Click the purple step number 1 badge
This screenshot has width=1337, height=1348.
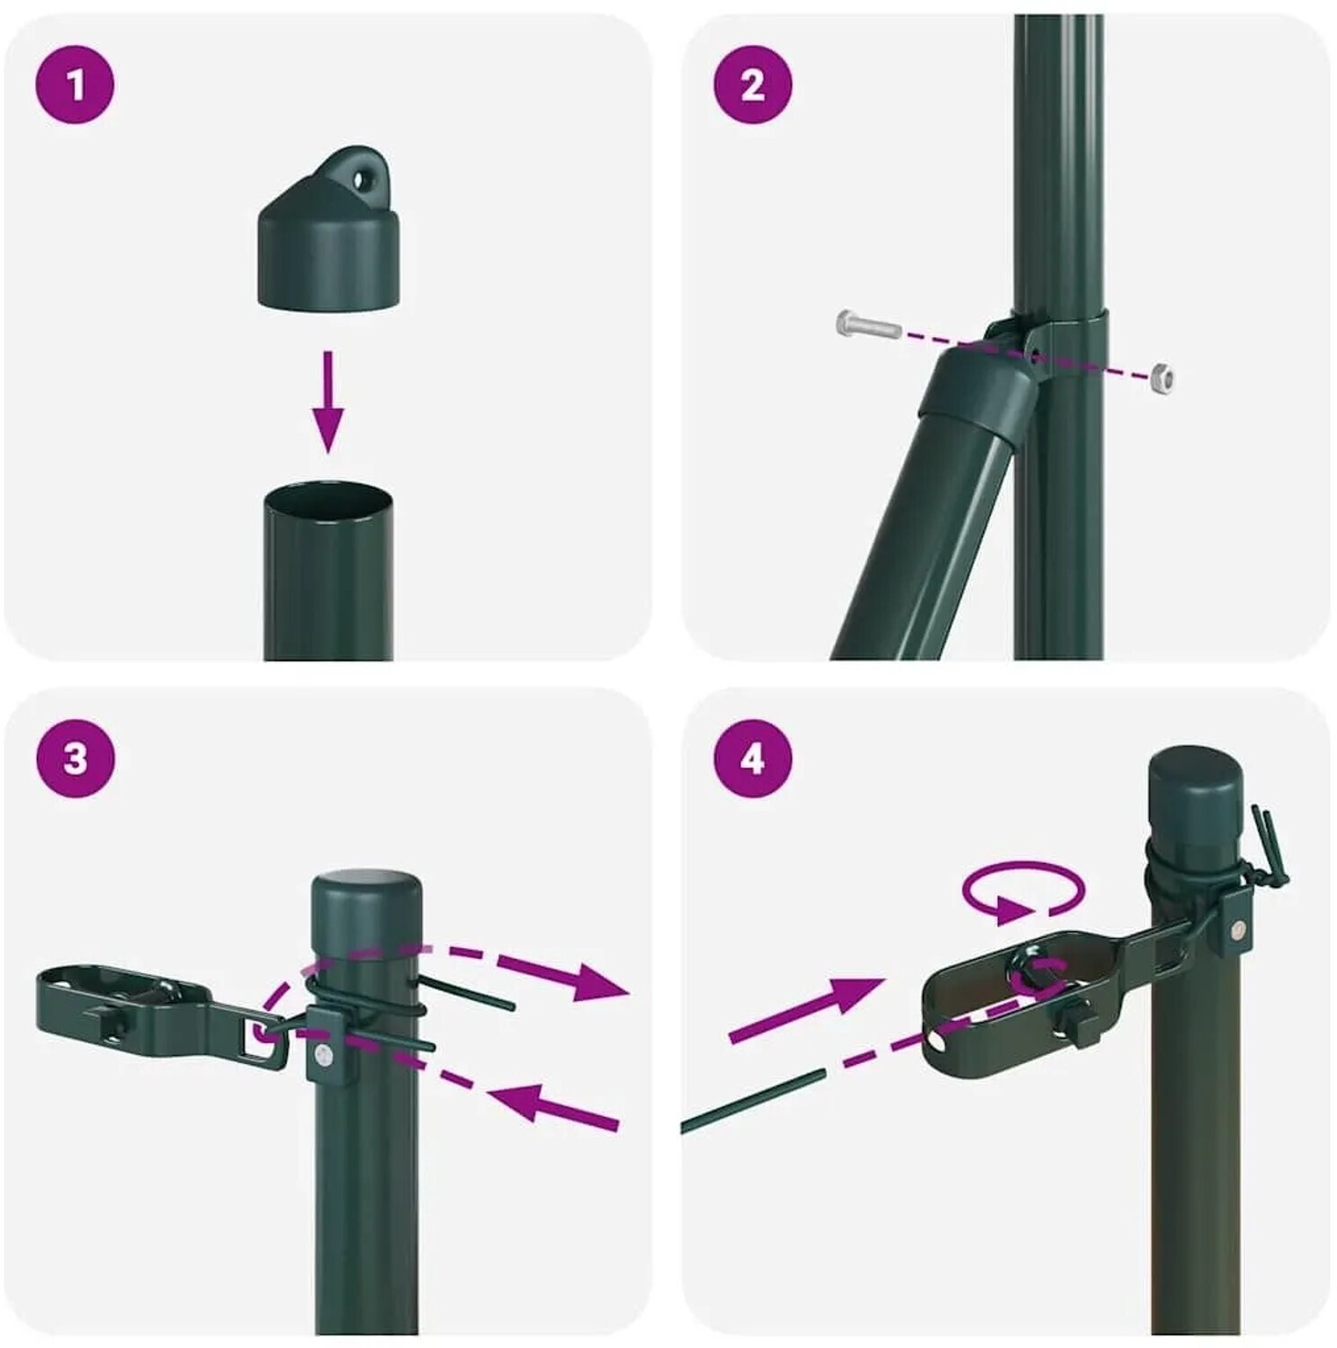click(75, 84)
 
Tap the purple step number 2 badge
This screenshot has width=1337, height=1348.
click(753, 84)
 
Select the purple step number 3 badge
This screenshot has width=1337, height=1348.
click(75, 758)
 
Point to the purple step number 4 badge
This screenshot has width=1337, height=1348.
click(753, 758)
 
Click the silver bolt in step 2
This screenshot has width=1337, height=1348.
click(869, 324)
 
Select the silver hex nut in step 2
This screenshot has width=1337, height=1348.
click(1163, 377)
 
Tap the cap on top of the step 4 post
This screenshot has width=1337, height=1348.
click(1195, 795)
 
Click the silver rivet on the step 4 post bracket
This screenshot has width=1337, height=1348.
click(1237, 930)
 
